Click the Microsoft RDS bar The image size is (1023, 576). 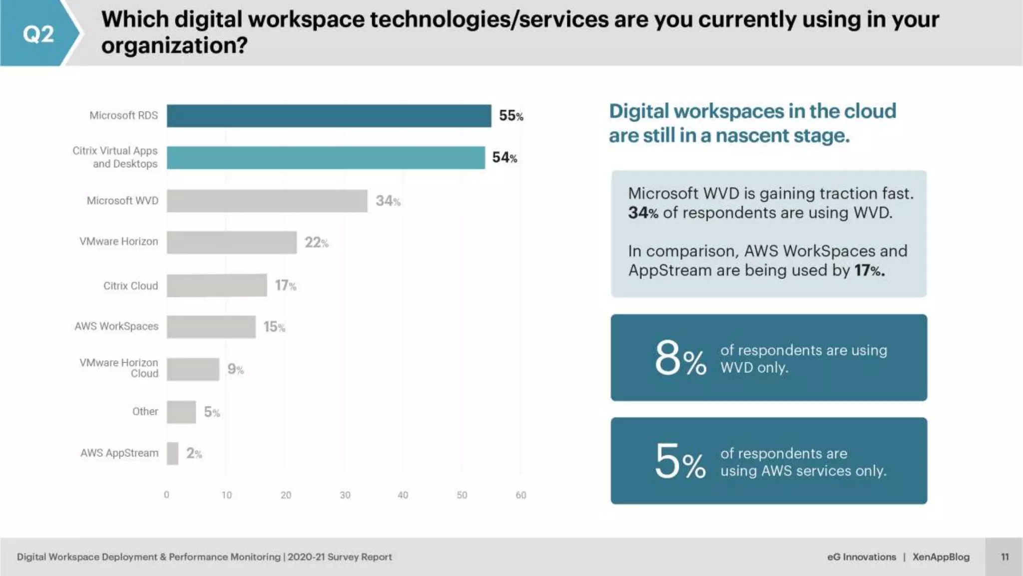329,116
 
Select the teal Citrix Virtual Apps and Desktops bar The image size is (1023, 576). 326,157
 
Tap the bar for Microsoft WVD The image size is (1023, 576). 267,201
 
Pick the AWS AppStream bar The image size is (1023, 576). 172,453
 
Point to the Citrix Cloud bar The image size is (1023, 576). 217,285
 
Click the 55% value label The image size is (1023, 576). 511,116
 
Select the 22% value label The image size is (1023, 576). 316,242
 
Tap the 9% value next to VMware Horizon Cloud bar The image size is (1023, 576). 235,369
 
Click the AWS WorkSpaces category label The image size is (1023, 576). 116,326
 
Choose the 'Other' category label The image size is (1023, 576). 145,411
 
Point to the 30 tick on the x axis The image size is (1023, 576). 345,495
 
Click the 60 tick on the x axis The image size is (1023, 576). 520,495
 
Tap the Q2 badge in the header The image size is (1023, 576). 38,34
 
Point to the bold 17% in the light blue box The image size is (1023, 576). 869,270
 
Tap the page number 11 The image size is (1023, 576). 1005,557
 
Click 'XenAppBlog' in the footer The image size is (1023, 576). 941,557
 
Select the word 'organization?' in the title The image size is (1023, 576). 174,46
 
